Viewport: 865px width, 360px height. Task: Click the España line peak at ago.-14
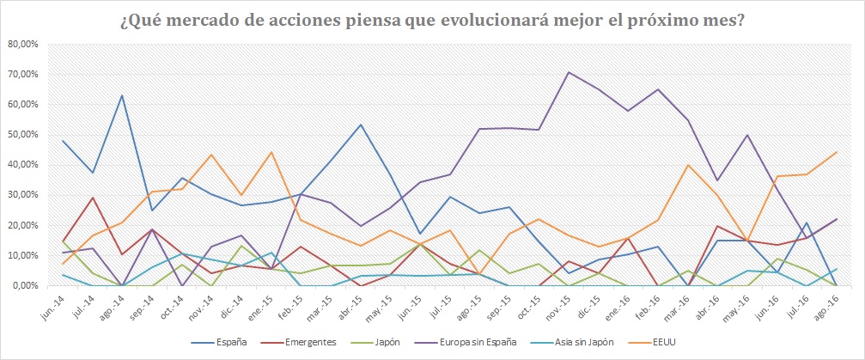122,95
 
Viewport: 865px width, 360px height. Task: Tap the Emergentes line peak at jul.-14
92,198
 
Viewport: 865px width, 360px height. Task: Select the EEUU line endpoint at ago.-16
836,152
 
